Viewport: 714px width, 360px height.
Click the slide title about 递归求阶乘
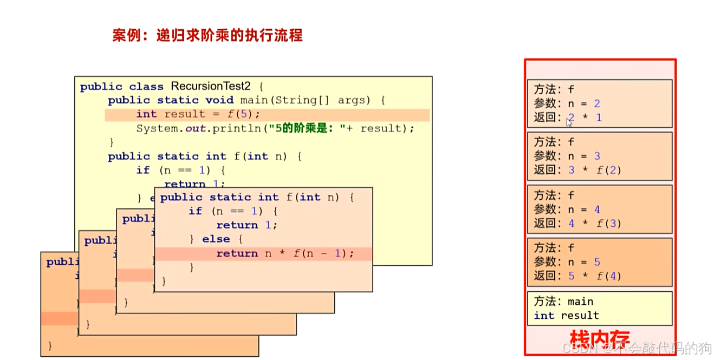click(x=207, y=36)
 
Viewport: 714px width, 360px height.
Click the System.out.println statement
click(x=275, y=128)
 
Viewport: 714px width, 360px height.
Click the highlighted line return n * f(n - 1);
click(x=285, y=253)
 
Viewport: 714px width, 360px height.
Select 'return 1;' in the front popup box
click(x=246, y=225)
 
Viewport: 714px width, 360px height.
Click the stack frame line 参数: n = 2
click(x=567, y=103)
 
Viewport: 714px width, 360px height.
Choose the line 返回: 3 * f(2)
click(x=577, y=170)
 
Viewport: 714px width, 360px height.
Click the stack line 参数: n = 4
click(x=567, y=210)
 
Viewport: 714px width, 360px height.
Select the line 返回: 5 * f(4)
click(x=577, y=276)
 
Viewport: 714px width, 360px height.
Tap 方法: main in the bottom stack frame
click(x=563, y=302)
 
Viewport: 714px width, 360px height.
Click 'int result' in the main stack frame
click(x=566, y=316)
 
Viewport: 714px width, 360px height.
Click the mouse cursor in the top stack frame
click(x=569, y=122)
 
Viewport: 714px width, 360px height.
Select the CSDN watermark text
click(x=637, y=348)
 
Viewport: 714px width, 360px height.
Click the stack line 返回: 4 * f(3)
click(x=577, y=223)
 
